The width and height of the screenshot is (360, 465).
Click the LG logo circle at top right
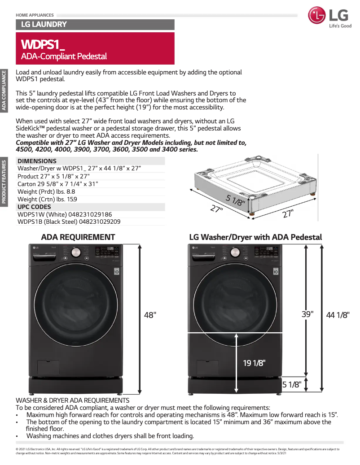pos(317,16)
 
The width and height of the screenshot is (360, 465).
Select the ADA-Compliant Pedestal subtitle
pos(64,56)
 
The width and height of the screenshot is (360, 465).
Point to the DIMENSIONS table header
pos(37,161)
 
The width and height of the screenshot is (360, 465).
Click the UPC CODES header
pos(34,207)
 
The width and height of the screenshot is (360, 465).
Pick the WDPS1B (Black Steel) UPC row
pos(69,222)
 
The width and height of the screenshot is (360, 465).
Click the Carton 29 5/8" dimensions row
pos(57,184)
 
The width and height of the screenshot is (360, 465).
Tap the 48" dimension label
pos(150,315)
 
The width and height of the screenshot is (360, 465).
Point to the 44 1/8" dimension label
pos(338,315)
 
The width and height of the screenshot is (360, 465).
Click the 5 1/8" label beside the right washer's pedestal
pos(291,384)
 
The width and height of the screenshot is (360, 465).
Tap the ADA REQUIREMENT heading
pos(78,237)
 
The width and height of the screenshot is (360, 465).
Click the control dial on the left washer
pos(76,253)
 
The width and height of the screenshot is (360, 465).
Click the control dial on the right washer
pos(234,253)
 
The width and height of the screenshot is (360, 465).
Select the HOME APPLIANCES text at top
pos(35,15)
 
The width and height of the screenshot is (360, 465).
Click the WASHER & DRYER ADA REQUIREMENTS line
pos(73,400)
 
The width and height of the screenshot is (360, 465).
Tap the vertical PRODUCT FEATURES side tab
pos(4,182)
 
